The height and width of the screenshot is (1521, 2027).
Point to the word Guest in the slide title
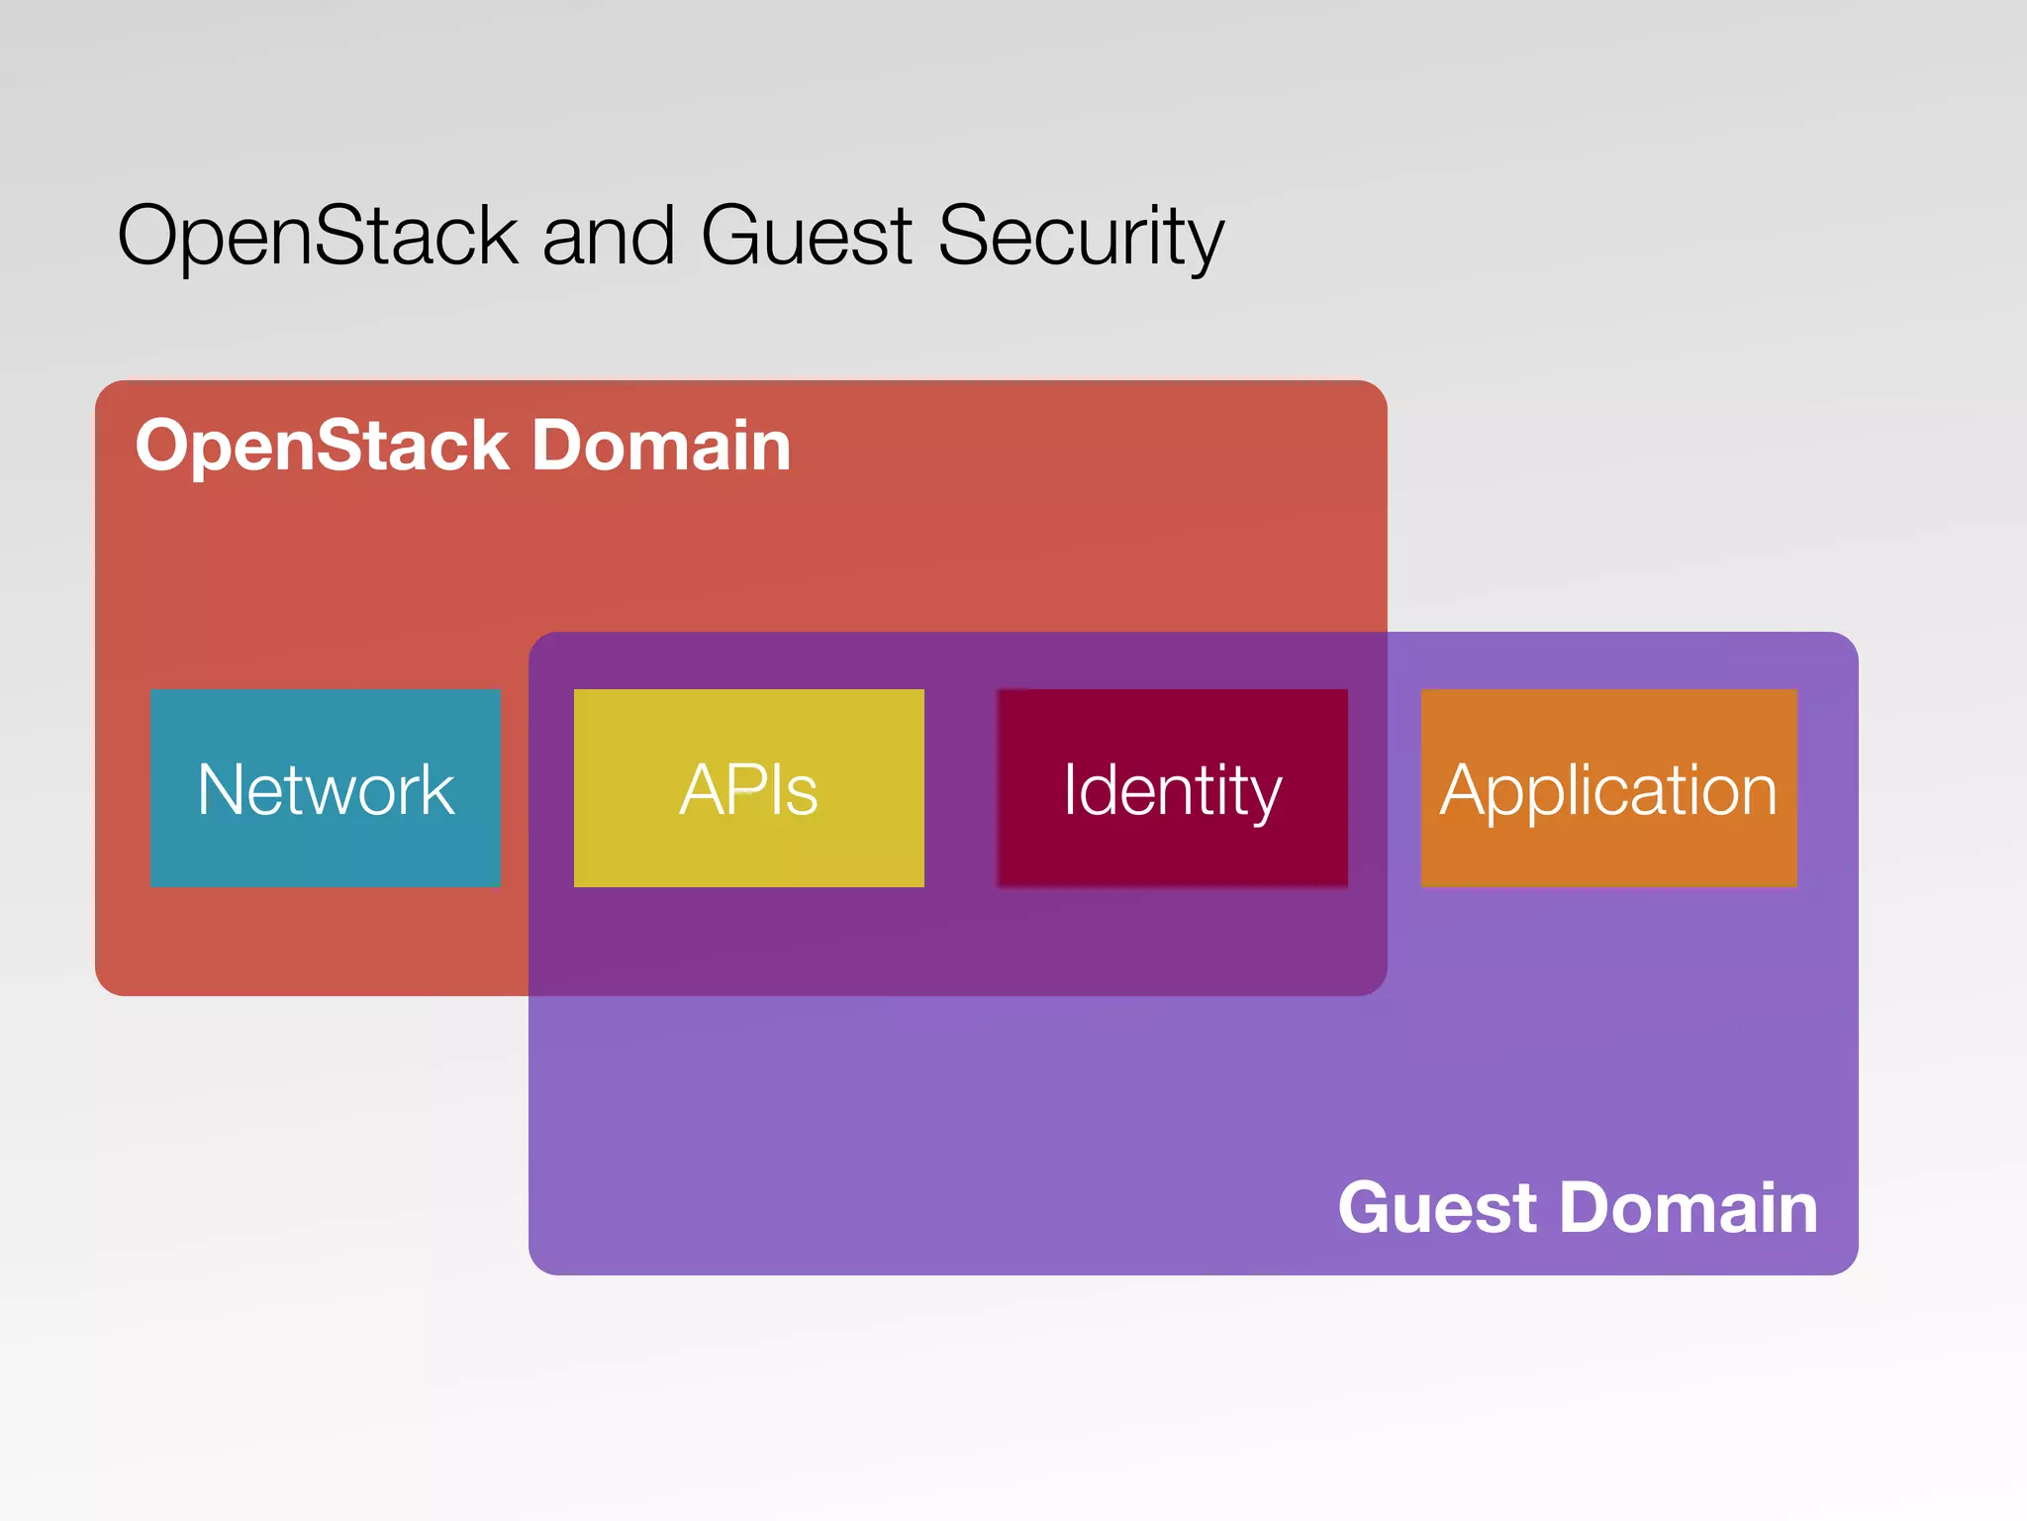(807, 236)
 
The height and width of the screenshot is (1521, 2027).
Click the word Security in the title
(1081, 236)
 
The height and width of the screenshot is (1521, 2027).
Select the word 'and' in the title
(608, 236)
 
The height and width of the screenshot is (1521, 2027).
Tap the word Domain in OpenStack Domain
(661, 446)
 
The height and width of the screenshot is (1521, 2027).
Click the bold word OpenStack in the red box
(322, 446)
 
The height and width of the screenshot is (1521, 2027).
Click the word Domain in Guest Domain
(1689, 1208)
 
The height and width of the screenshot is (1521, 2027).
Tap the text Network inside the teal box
(325, 789)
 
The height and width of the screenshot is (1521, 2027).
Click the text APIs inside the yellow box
(748, 789)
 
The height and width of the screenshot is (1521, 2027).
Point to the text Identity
(1172, 791)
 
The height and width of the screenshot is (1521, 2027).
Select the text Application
(1608, 791)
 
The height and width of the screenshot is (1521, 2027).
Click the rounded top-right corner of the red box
(1376, 392)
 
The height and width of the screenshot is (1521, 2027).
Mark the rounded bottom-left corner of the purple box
(540, 1263)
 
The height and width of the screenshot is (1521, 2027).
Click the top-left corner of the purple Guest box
(540, 644)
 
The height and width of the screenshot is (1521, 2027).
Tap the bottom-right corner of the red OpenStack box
(1376, 984)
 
